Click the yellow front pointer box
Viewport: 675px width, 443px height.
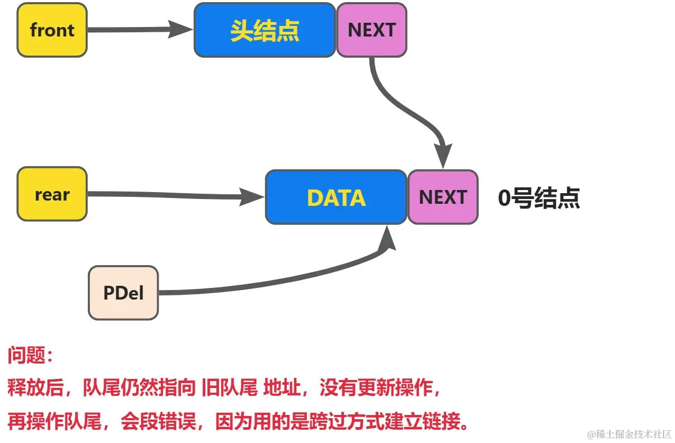coord(52,30)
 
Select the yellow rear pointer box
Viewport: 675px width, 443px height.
coord(52,194)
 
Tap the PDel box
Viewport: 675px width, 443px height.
coord(123,293)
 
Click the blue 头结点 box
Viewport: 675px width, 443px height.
coord(264,30)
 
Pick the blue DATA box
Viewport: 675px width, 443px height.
coord(336,197)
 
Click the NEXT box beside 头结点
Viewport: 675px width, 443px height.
coord(371,30)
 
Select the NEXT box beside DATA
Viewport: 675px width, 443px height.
coord(443,197)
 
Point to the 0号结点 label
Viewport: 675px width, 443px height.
coord(539,198)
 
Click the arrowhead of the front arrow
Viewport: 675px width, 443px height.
coord(183,29)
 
